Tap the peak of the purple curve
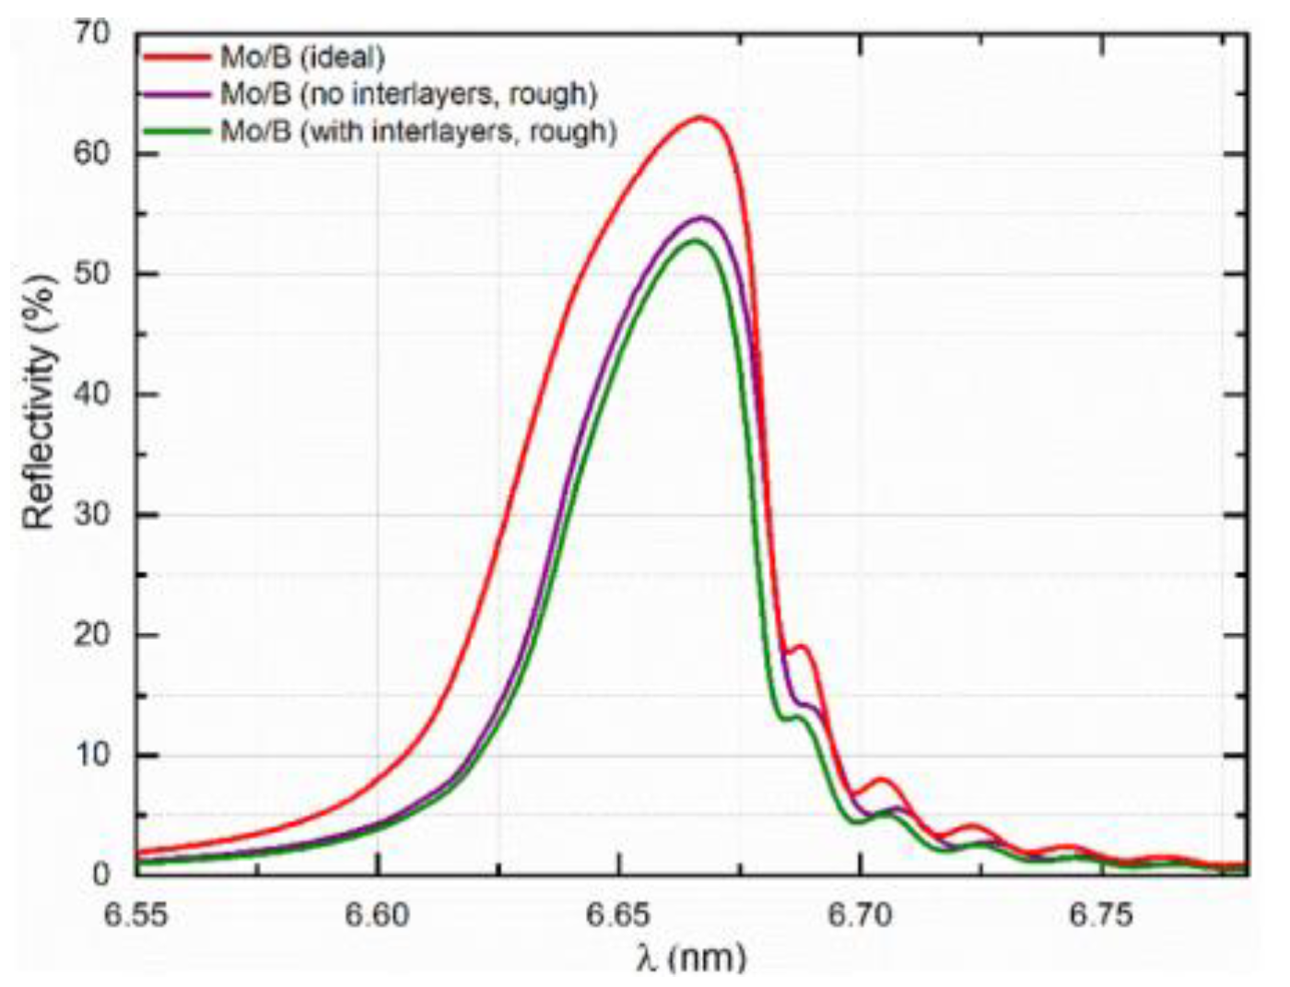pyautogui.click(x=703, y=217)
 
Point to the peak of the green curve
pyautogui.click(x=696, y=241)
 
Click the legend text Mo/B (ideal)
pyautogui.click(x=301, y=57)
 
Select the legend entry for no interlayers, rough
pyautogui.click(x=408, y=94)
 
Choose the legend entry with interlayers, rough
pyautogui.click(x=417, y=131)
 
